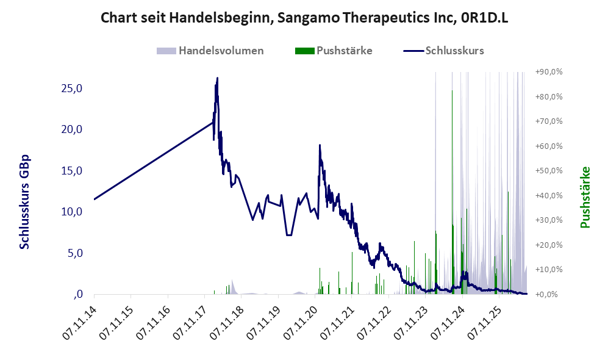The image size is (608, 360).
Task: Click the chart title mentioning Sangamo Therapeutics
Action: pos(304,18)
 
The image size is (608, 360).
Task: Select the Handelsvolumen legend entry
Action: pos(210,51)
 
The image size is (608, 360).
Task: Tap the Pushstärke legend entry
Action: pos(334,51)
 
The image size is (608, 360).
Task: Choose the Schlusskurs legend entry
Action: pos(443,51)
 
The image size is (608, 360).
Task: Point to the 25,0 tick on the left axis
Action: pos(72,88)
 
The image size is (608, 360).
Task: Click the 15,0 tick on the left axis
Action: pos(72,171)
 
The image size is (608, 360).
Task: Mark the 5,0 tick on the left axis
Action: pos(75,253)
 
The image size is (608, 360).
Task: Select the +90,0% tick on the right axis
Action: pos(549,72)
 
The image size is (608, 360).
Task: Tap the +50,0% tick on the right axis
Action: pos(549,171)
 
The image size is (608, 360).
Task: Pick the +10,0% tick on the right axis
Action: pos(549,269)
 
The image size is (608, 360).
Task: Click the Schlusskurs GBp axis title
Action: pos(24,202)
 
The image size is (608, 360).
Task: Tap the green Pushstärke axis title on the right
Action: pos(585,197)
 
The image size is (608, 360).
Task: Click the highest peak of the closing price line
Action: pos(217,78)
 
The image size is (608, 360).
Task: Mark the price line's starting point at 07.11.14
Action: pos(95,199)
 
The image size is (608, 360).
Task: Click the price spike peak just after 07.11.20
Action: pos(320,145)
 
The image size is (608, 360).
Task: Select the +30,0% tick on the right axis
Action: pos(549,220)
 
